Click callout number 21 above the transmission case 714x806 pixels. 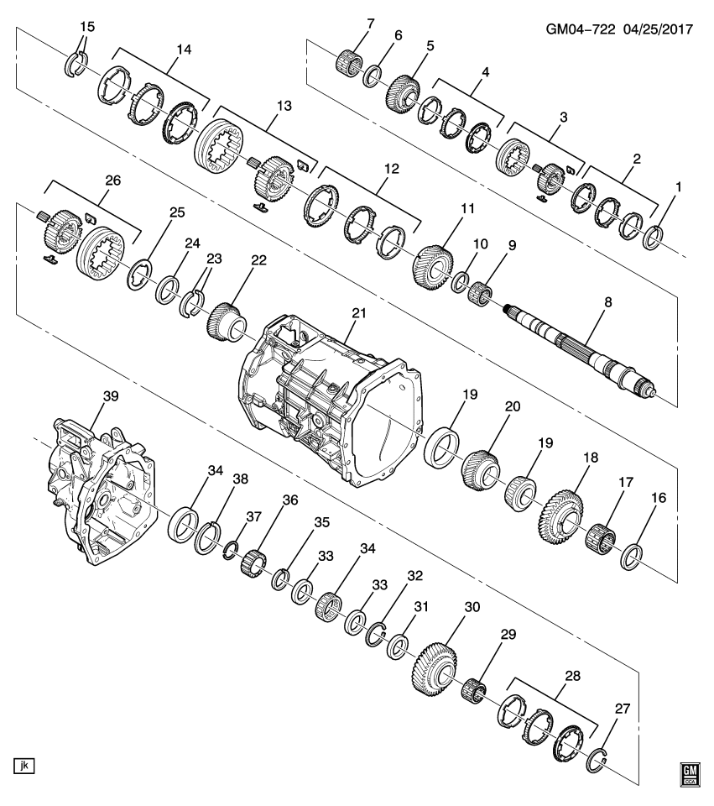coord(359,312)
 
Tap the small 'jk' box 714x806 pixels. coord(23,765)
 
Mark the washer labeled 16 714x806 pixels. coord(633,556)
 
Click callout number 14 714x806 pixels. coord(178,50)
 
